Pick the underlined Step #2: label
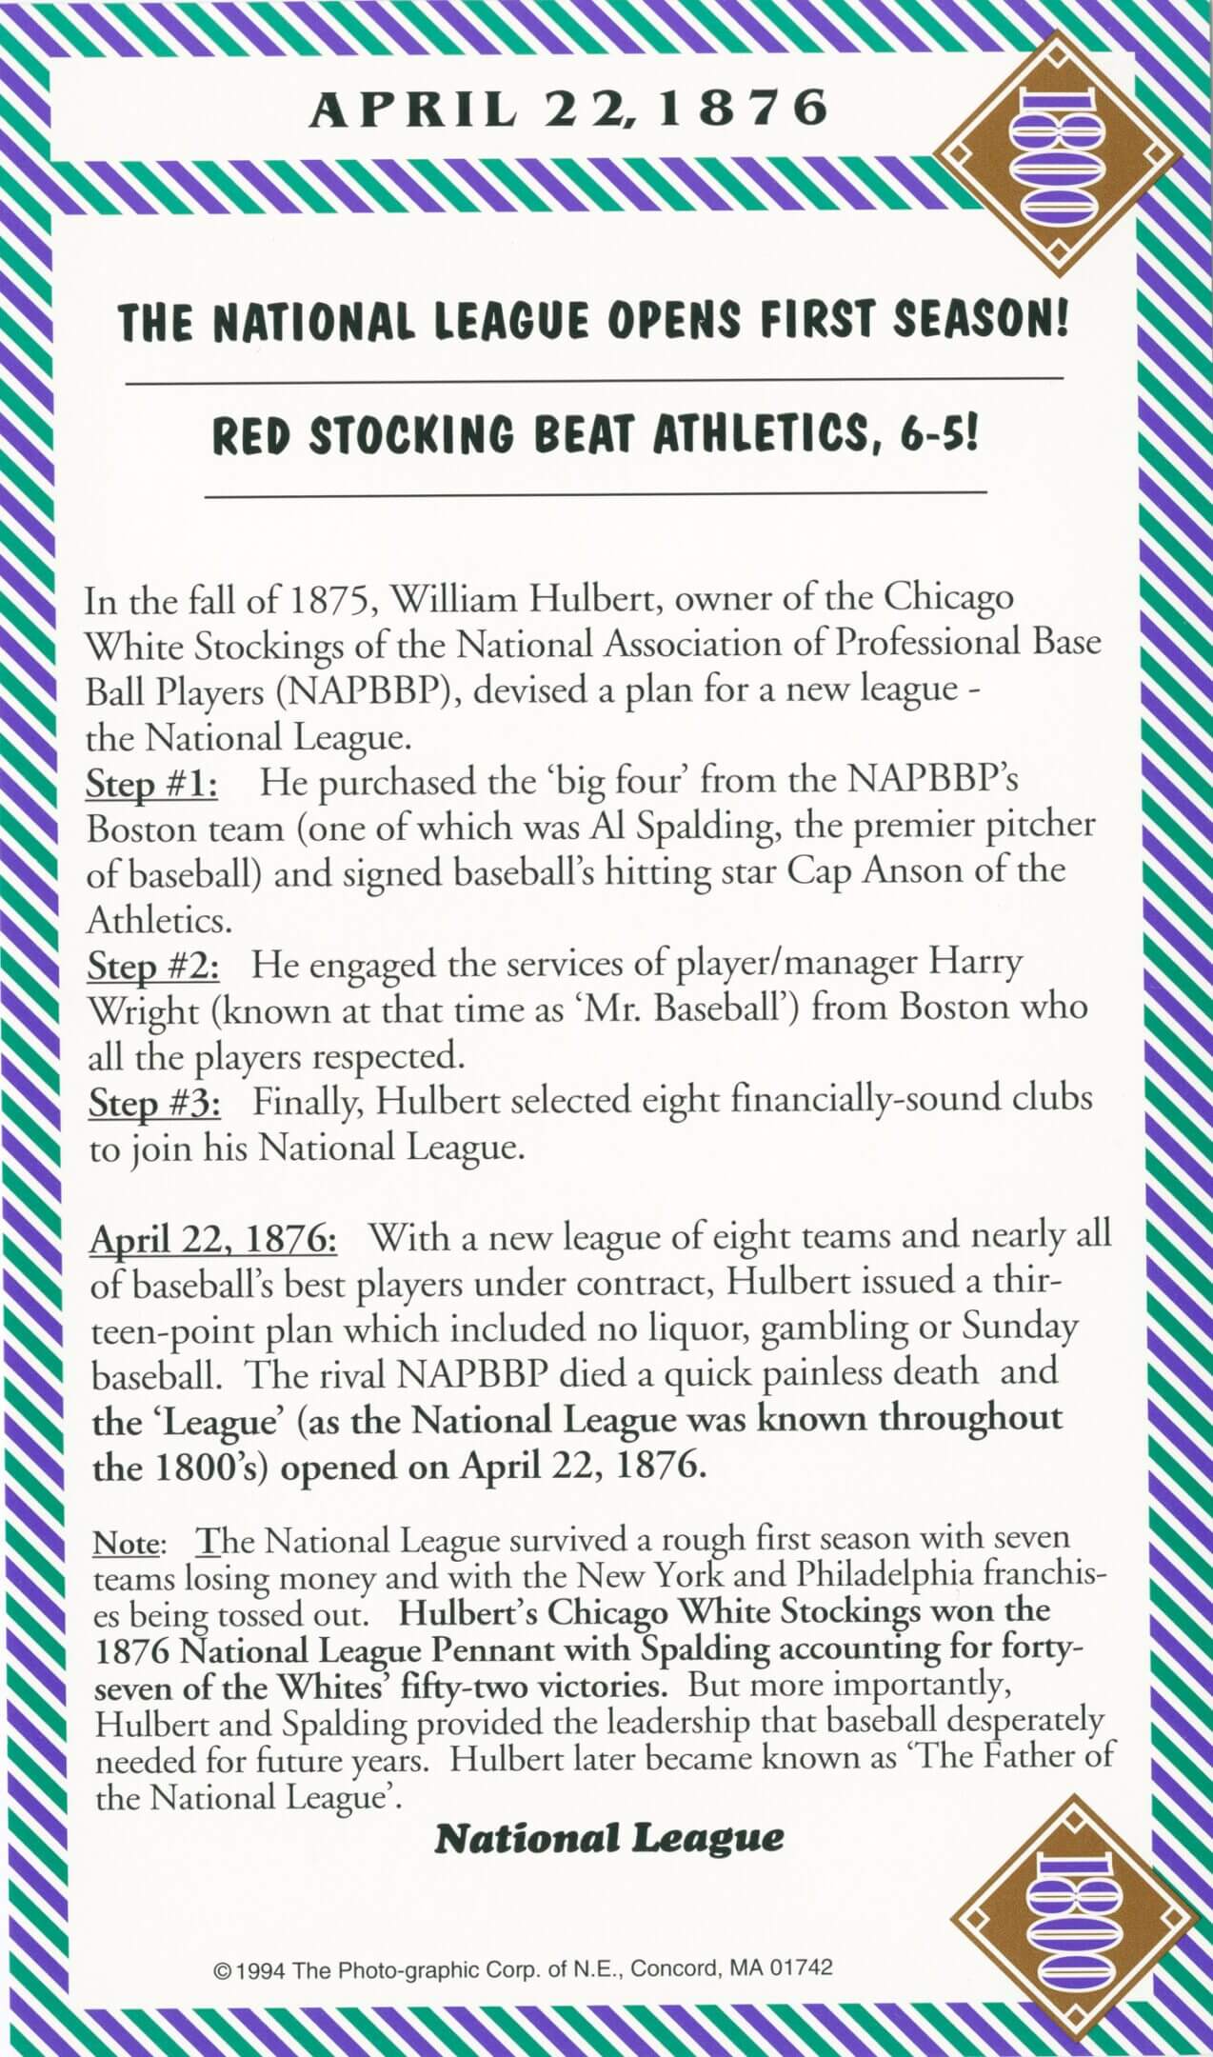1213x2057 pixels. [153, 966]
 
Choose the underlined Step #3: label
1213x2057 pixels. [155, 1103]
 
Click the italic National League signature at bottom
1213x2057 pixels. [609, 1837]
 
